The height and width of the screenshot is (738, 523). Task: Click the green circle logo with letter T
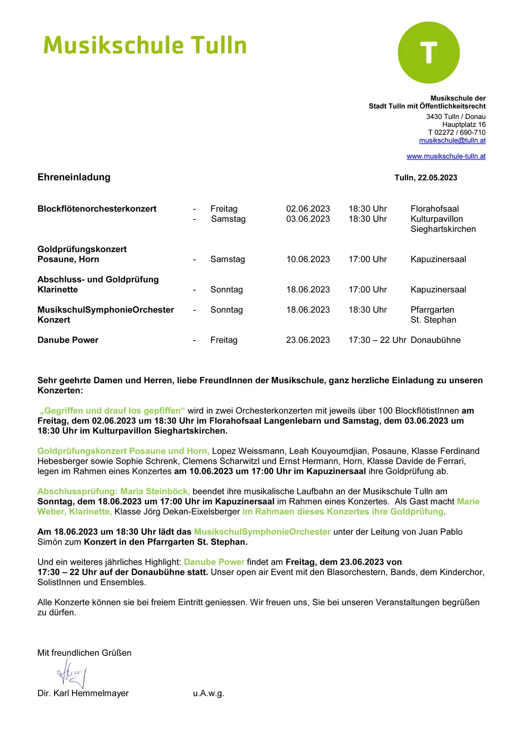tap(428, 53)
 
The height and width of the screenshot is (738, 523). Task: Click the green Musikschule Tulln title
tap(145, 46)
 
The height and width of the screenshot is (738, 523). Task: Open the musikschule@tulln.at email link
tap(452, 140)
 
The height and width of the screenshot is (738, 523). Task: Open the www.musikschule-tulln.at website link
tap(446, 156)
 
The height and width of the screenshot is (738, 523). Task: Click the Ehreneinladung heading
tap(74, 177)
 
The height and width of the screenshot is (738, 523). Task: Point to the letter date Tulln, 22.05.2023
tap(426, 178)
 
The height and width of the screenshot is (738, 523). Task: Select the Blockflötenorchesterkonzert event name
tap(97, 209)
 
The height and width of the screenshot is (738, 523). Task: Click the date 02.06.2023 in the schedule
tap(308, 209)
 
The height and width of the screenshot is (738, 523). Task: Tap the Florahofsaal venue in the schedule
tap(434, 209)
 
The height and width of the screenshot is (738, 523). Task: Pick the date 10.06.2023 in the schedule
tap(308, 259)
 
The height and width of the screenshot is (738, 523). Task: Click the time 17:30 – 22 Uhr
tap(377, 340)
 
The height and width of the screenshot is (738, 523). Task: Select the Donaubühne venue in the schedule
tap(435, 340)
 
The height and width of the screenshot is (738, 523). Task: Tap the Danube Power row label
tap(68, 340)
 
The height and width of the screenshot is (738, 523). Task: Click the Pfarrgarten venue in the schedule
tap(432, 310)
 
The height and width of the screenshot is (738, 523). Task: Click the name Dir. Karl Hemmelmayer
tap(83, 693)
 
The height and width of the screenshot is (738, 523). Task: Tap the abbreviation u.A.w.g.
tap(208, 693)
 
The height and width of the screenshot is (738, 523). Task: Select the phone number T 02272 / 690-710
tap(456, 132)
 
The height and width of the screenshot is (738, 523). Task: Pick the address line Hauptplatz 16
tap(463, 125)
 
